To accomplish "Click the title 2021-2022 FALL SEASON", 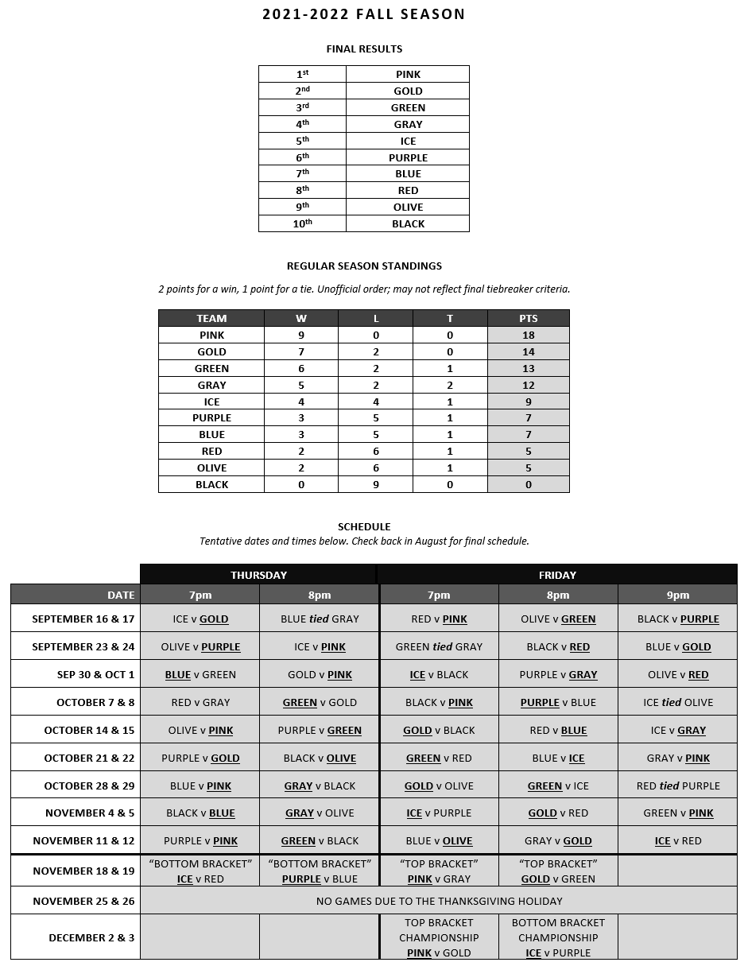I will click(363, 14).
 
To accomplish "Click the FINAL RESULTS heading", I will click(364, 49).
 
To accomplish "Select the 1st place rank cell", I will click(302, 74).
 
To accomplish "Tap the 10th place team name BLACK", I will click(408, 224).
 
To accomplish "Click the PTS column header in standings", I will click(529, 318).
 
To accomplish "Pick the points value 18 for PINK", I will click(529, 336).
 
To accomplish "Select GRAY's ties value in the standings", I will click(450, 386).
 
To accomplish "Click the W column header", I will click(301, 318).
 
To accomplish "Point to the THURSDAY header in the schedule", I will click(258, 575).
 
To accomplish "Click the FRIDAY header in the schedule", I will click(557, 575).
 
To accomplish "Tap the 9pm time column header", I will click(677, 595).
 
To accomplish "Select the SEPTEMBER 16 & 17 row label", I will click(83, 619).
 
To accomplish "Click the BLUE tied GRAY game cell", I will click(320, 619).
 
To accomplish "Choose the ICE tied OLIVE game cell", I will click(677, 703).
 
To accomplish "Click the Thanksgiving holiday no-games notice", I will click(439, 902).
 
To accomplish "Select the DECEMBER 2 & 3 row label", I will click(91, 938).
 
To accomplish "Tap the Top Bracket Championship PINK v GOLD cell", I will click(439, 938).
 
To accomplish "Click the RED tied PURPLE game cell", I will click(677, 786).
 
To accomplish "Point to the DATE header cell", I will click(121, 595).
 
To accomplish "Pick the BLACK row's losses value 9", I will click(376, 485).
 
